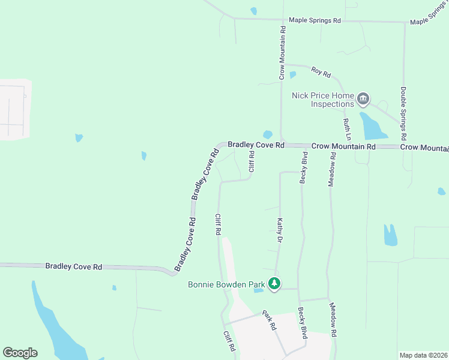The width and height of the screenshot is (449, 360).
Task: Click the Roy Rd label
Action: click(321, 73)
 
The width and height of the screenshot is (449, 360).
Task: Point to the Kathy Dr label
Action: click(280, 230)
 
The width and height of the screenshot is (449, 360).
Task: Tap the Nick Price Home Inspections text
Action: click(323, 99)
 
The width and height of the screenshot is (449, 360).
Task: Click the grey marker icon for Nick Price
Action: click(363, 98)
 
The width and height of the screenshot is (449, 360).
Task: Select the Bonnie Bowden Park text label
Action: click(226, 284)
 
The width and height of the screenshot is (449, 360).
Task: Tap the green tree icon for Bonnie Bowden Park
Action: click(274, 283)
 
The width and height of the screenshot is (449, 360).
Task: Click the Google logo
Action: click(20, 353)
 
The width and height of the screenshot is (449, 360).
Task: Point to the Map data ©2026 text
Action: click(423, 355)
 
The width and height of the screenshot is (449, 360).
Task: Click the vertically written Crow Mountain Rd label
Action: click(282, 52)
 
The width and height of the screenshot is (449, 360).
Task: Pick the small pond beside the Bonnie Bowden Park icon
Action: click(259, 291)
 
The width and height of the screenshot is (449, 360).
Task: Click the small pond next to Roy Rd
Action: click(292, 75)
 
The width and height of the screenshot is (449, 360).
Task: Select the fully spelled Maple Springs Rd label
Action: click(315, 20)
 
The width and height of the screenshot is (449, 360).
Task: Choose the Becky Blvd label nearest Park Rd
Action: click(303, 324)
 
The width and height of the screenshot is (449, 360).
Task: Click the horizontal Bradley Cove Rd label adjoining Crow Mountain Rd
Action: click(256, 145)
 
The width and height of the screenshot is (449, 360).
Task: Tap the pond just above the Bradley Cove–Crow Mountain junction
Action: click(268, 134)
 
